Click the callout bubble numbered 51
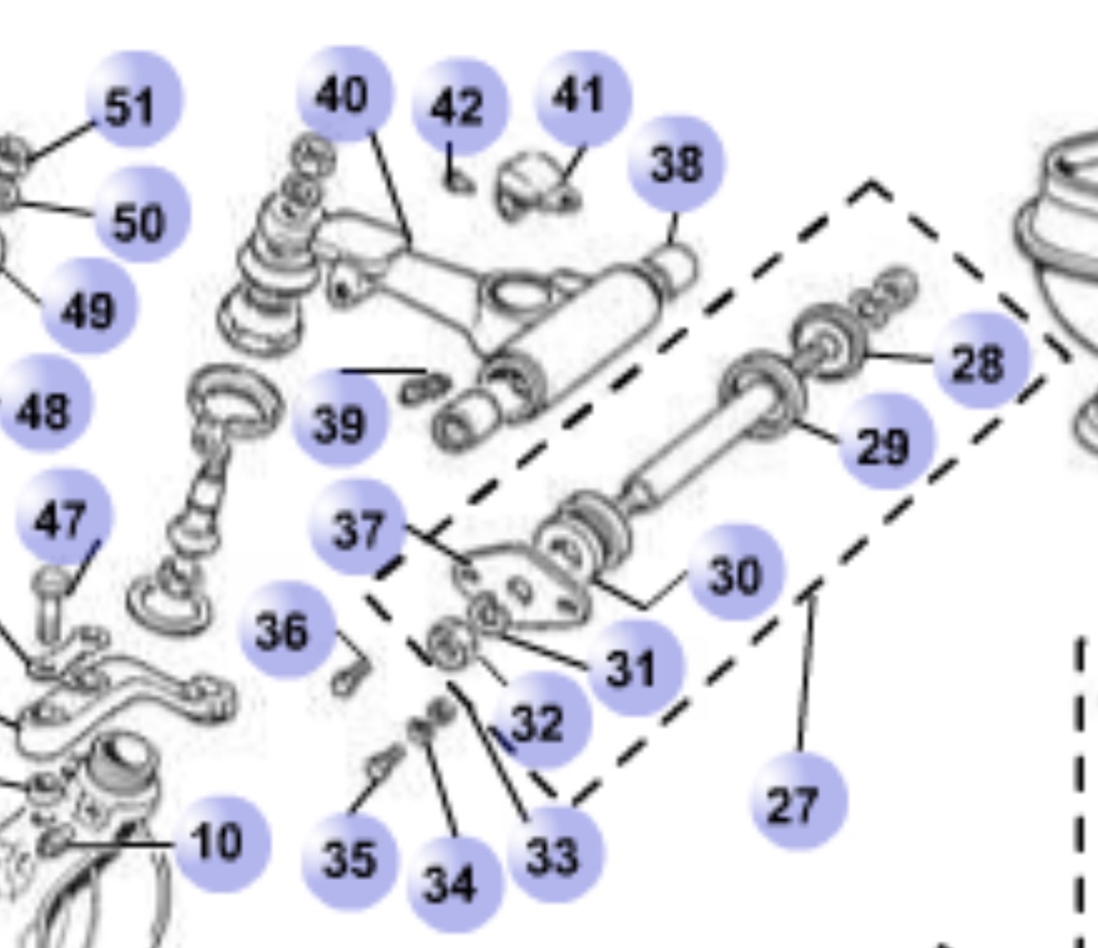(x=134, y=99)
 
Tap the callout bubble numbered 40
(x=344, y=94)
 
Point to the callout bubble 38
(x=677, y=164)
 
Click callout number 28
(x=981, y=360)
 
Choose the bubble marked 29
(x=886, y=442)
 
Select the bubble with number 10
(x=221, y=844)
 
